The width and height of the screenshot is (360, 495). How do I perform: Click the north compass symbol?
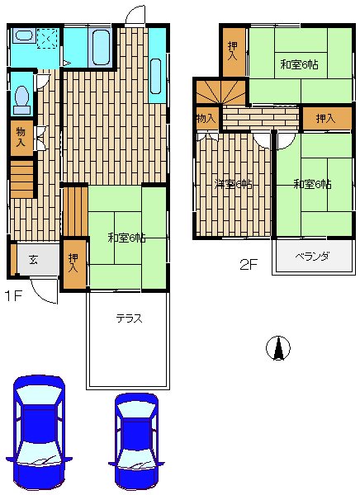coord(277,348)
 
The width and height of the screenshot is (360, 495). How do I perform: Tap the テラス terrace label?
coord(130,318)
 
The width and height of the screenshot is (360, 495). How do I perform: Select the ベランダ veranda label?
coord(313,257)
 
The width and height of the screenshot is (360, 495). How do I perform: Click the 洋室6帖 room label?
coord(234,184)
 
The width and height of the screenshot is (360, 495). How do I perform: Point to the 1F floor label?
coord(13,296)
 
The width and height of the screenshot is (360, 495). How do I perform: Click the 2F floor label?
coord(249,264)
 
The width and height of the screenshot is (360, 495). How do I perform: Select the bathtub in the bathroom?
coord(102,48)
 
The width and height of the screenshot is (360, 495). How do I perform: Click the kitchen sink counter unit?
coord(157,65)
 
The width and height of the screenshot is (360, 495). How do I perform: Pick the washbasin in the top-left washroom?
coord(24,35)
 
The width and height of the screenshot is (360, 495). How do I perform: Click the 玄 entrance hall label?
coord(33,260)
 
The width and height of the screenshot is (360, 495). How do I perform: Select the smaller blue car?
coord(136,441)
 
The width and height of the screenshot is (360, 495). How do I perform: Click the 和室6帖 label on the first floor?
coord(126,238)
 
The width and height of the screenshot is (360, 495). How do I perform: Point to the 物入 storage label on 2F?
coord(206,118)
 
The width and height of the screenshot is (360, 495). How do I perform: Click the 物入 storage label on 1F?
coord(21,136)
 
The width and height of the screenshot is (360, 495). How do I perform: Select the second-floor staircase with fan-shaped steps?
coord(221,92)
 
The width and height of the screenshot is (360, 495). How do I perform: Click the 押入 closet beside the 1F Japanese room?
coord(74,264)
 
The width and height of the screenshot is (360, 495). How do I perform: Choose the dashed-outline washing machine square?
coord(47,39)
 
